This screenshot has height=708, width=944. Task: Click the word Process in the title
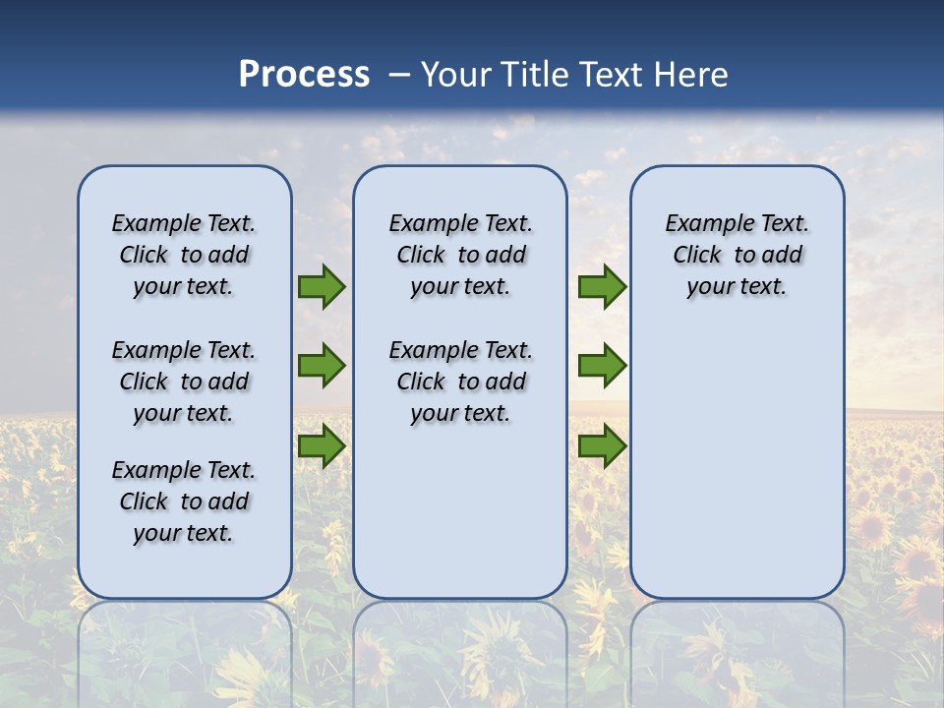pos(304,74)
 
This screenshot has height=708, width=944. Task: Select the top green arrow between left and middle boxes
pos(322,287)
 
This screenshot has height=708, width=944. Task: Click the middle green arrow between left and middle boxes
pos(322,366)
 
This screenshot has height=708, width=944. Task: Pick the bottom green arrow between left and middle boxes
pos(322,445)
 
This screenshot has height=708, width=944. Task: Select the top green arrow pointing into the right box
pos(602,287)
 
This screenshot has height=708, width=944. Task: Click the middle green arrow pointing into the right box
pos(602,366)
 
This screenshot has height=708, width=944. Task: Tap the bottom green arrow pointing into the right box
pos(602,445)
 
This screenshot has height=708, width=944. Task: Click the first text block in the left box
pos(184,255)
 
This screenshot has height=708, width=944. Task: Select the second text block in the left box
pos(184,382)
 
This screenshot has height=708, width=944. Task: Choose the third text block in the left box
pos(184,501)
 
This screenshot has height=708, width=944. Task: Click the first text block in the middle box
pos(460,255)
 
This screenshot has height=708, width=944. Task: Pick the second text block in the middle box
pos(460,382)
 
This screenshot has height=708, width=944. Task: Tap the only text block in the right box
pos(737,255)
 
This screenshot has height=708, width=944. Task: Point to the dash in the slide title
pos(399,75)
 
